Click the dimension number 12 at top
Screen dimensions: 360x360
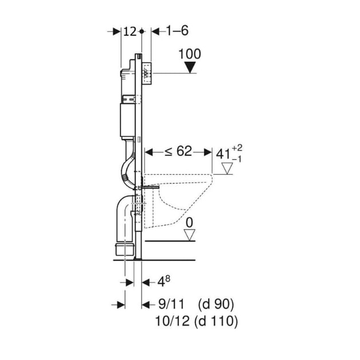point(130,31)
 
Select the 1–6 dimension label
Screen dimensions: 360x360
point(177,30)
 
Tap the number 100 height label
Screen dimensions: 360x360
point(190,54)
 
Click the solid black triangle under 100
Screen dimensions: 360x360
point(190,67)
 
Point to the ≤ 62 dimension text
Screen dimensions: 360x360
point(178,151)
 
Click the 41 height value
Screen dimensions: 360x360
point(223,154)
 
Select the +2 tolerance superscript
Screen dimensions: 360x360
point(237,148)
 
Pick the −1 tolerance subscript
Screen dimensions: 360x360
point(237,159)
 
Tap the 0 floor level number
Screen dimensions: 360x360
point(189,223)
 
